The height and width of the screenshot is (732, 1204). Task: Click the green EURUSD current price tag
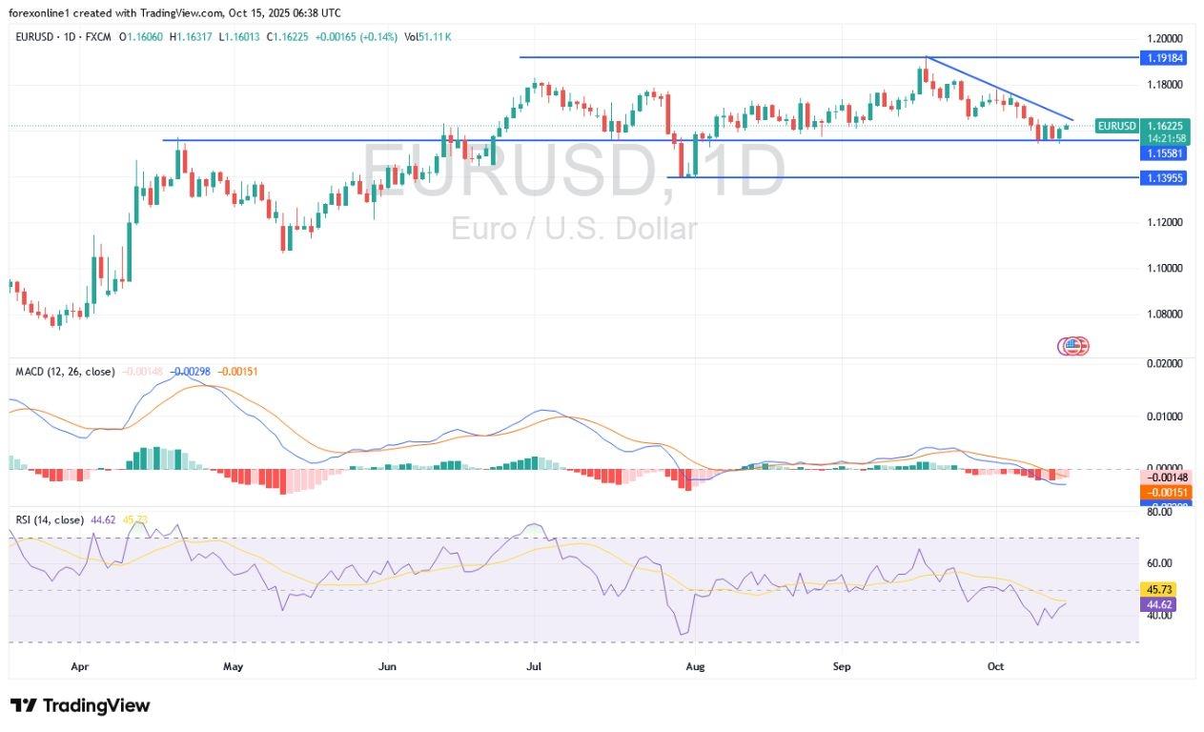coord(1116,126)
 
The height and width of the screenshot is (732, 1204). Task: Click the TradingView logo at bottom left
coord(80,706)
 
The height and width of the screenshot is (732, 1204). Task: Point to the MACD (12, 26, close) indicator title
coord(65,371)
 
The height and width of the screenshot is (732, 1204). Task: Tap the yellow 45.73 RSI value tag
coord(1163,589)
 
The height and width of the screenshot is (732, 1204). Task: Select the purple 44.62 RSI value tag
coord(1163,603)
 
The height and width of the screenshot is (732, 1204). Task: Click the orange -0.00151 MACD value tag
coord(1163,492)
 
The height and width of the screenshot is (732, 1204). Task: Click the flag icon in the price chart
coord(1073,346)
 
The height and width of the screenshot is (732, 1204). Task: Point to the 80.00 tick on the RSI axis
coord(1158,512)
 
